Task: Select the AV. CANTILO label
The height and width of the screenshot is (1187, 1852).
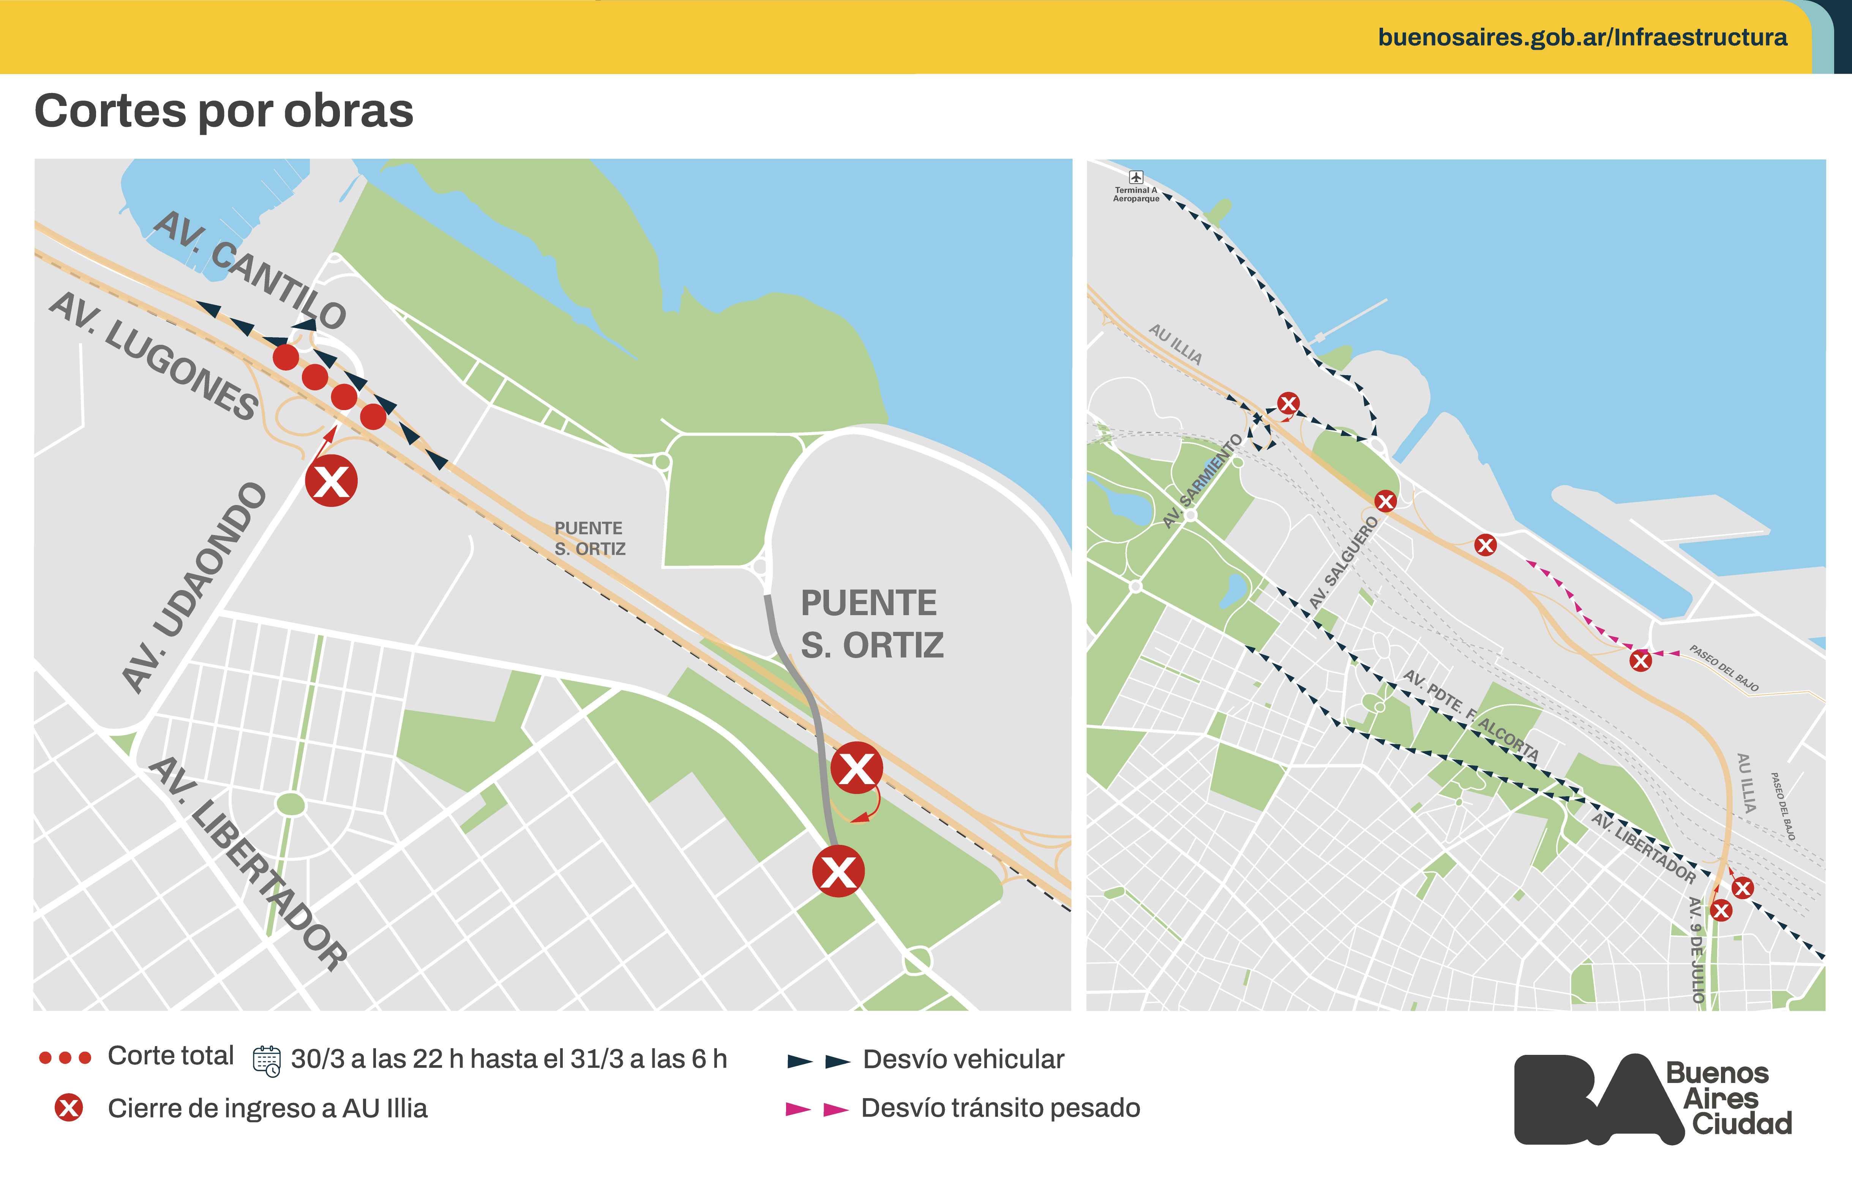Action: (x=249, y=270)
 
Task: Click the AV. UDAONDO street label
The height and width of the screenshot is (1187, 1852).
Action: (x=194, y=587)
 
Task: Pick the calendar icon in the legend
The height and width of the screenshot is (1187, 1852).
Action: (x=267, y=1061)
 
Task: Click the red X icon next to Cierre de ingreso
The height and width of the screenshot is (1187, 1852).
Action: (x=69, y=1108)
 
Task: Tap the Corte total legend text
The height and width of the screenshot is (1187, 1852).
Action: (x=171, y=1056)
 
